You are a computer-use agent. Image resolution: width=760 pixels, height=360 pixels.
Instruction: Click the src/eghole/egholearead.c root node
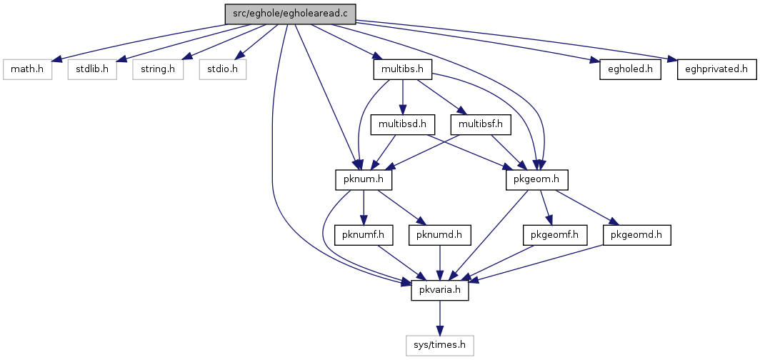290,14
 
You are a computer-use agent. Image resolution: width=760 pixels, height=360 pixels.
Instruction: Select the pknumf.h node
364,236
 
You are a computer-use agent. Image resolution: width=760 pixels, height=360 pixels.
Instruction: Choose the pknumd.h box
439,236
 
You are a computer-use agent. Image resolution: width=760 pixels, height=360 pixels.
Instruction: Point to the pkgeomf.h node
555,236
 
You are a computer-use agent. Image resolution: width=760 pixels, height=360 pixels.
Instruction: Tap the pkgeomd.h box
637,236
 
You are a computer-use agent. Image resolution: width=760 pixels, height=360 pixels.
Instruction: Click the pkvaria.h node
439,291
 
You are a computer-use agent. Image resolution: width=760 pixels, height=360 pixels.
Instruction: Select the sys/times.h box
439,346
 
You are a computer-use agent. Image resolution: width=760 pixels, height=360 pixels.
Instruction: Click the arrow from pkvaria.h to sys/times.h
439,318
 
